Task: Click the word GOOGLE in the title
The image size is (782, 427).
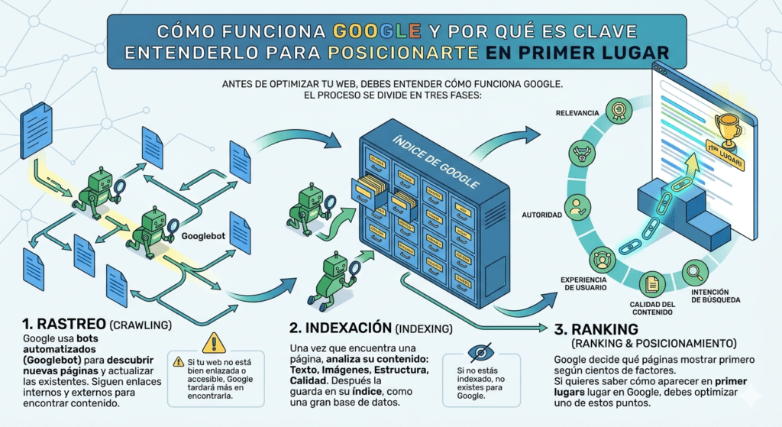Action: coord(378,31)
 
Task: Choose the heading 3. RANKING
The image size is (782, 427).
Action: coord(590,330)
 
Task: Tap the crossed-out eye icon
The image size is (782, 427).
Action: coord(480,352)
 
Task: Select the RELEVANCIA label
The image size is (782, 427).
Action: coord(578,113)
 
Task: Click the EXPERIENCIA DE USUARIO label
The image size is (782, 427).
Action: coord(583,283)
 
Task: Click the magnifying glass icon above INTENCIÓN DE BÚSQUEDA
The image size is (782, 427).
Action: coord(695,271)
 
